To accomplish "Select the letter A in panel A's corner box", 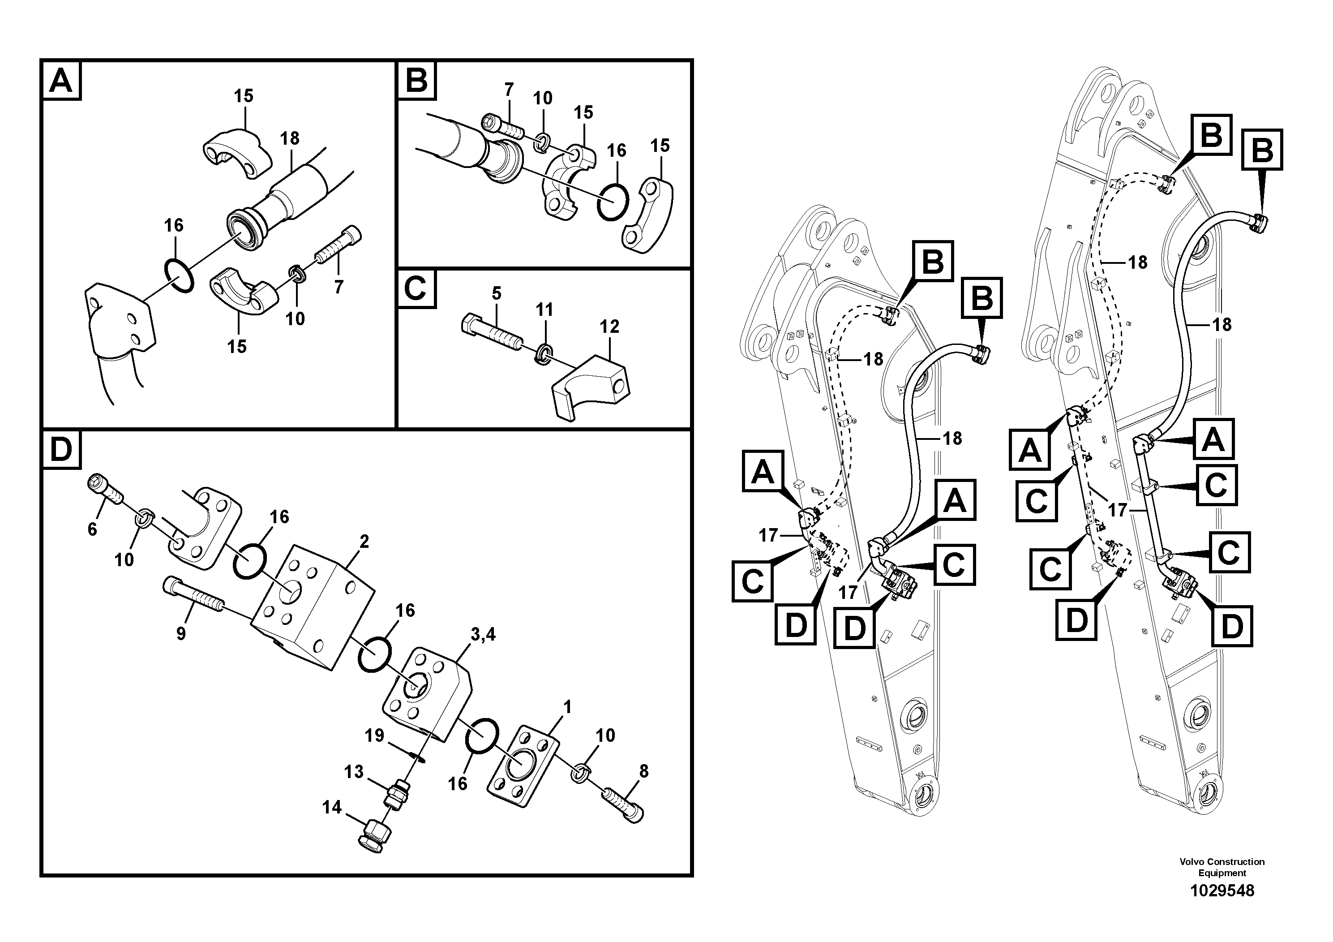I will [61, 81].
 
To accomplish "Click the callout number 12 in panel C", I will [609, 327].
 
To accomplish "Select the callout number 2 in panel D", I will [364, 542].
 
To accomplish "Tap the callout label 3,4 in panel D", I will [483, 635].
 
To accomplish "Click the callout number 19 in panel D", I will [374, 736].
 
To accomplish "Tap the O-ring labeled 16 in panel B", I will [613, 202].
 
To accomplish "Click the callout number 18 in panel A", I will [290, 138].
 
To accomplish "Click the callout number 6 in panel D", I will [92, 529].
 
